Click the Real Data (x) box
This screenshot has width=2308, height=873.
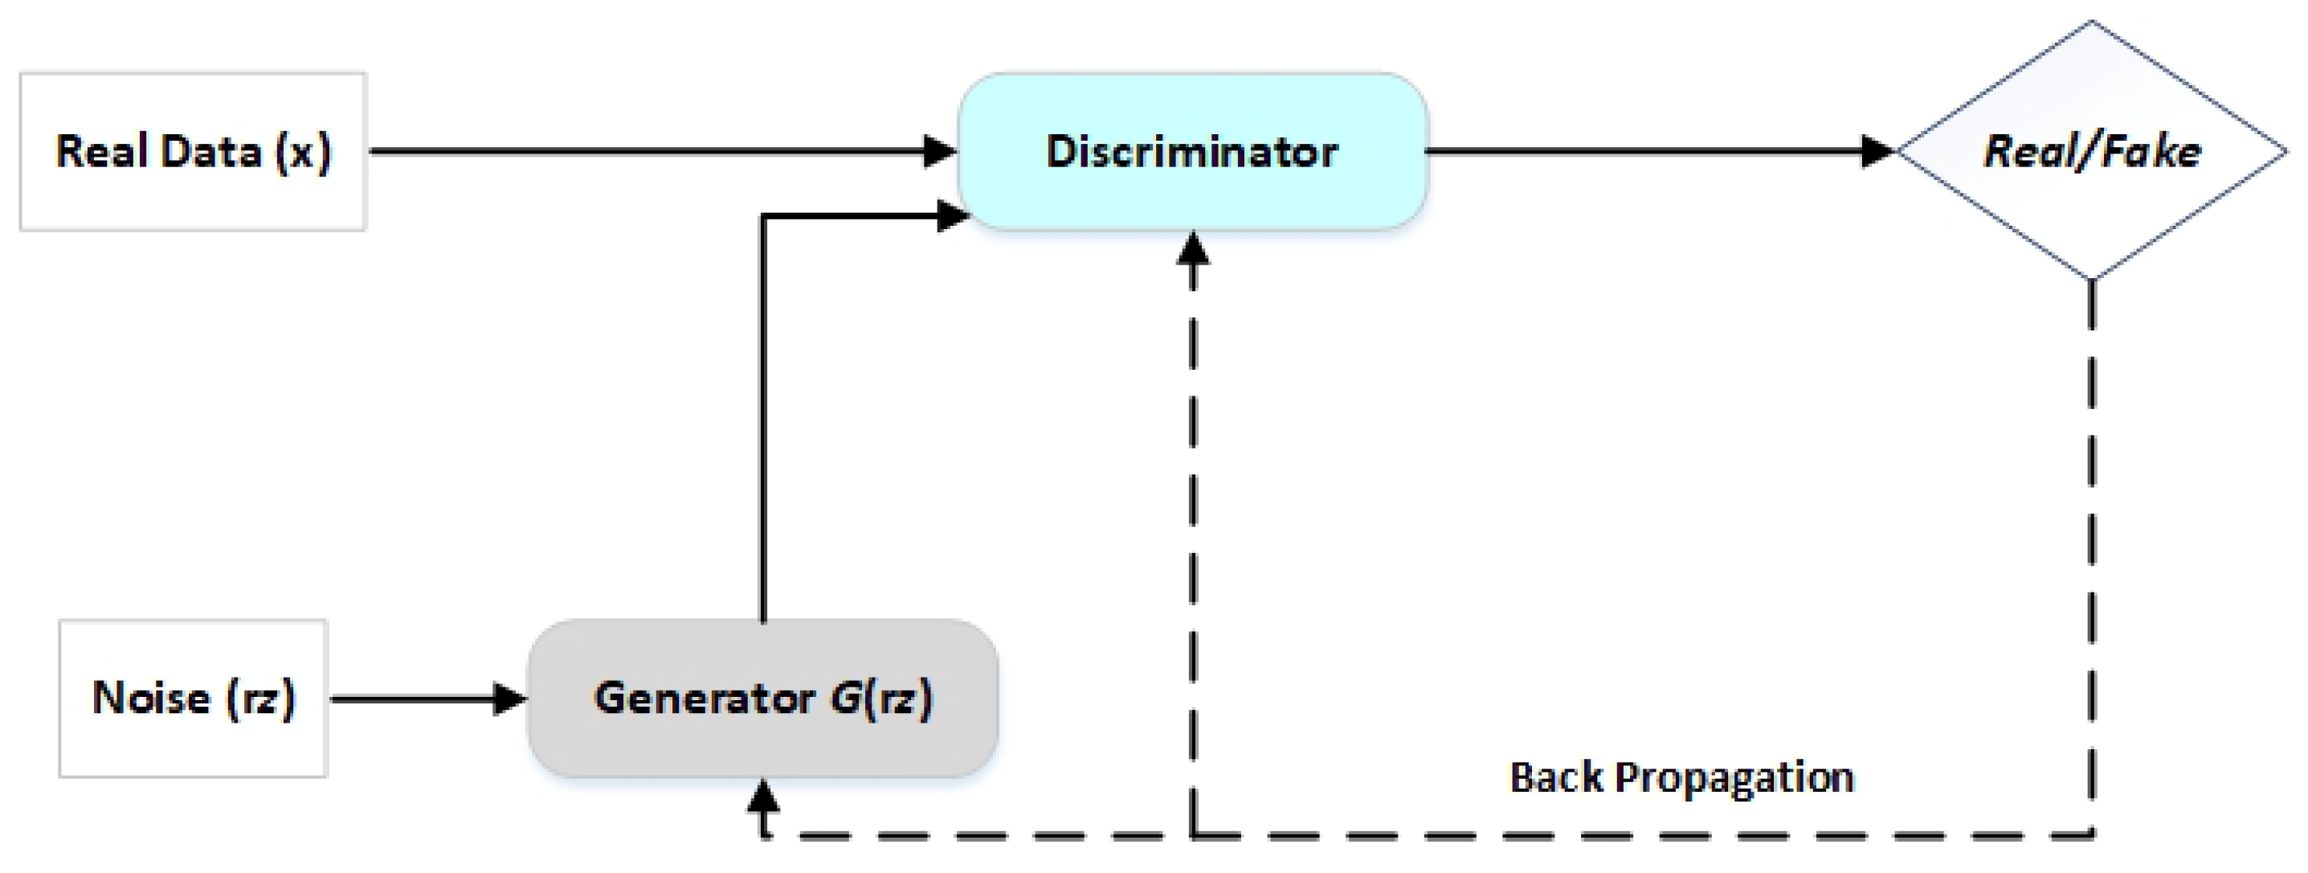tap(193, 151)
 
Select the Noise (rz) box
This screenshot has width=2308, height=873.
tap(193, 699)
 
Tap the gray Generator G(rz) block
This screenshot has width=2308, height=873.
tap(762, 699)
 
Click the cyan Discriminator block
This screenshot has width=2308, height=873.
tap(1192, 151)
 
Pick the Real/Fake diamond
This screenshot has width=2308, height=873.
tap(2092, 151)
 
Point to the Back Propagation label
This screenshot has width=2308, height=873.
tap(1681, 777)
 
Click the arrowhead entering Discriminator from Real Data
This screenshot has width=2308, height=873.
tap(940, 151)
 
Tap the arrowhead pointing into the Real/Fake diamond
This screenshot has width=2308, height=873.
tap(1878, 151)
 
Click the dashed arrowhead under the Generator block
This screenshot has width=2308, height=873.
tap(762, 796)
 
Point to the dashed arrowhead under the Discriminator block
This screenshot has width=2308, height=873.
tap(1192, 248)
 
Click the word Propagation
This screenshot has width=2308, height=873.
tap(1734, 777)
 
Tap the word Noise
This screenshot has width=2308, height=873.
tap(150, 699)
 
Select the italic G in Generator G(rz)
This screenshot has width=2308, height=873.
tap(845, 699)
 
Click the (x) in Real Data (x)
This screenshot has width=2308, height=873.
tap(303, 151)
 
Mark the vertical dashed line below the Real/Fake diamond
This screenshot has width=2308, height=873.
tap(2092, 555)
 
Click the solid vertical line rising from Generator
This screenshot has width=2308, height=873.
tap(762, 421)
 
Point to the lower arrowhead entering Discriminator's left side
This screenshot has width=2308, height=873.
tap(951, 216)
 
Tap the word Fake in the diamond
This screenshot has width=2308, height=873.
tap(2151, 151)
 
